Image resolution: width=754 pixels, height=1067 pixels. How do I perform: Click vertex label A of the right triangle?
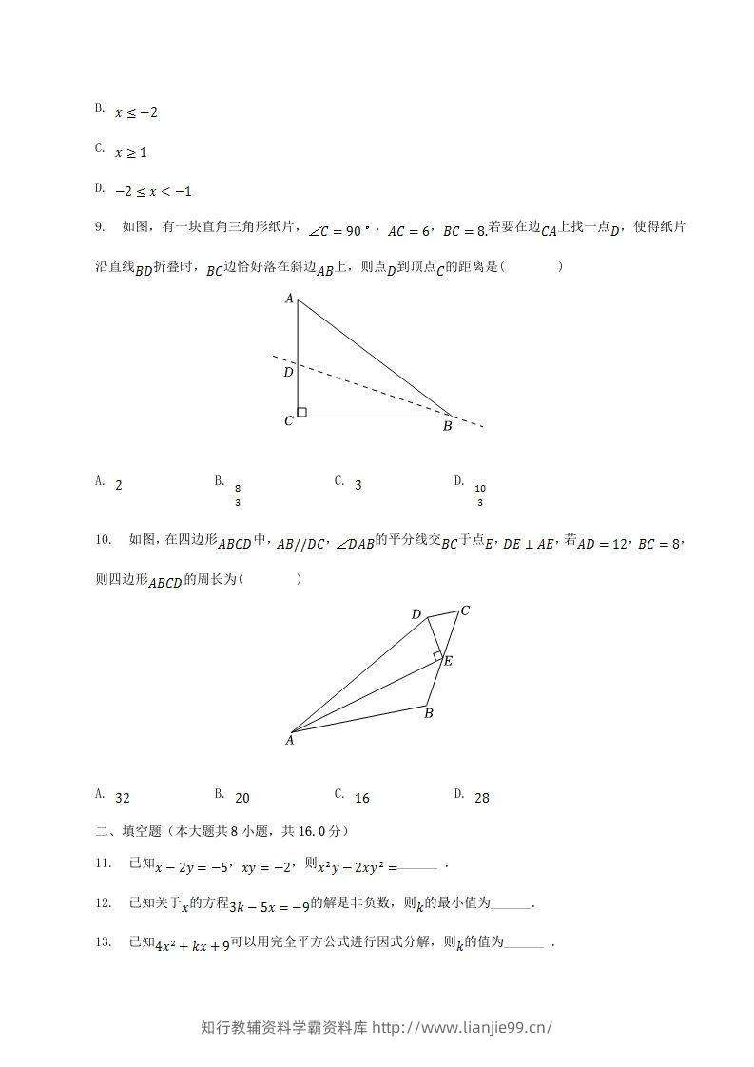(289, 299)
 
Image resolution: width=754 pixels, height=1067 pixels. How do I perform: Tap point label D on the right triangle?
(288, 372)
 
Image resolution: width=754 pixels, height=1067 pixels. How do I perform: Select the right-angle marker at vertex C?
(301, 412)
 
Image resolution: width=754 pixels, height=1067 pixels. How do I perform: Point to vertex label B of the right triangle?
(447, 427)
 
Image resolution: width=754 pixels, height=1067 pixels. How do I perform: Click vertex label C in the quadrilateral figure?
(465, 610)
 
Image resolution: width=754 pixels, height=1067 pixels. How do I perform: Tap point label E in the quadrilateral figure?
(448, 661)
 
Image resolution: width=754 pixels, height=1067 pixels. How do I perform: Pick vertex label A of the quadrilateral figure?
(290, 740)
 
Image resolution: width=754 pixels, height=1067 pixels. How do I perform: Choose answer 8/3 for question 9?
(238, 495)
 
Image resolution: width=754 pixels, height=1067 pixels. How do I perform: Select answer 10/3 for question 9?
(480, 495)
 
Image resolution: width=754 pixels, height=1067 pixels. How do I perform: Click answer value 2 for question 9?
(118, 485)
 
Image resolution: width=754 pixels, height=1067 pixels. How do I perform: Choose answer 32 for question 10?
(122, 799)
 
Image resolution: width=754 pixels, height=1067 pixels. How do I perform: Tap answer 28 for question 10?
(481, 799)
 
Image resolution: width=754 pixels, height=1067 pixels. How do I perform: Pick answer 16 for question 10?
(361, 799)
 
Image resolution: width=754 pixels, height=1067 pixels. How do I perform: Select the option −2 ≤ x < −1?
(153, 191)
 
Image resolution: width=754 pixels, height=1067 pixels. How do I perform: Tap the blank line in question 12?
(513, 905)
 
